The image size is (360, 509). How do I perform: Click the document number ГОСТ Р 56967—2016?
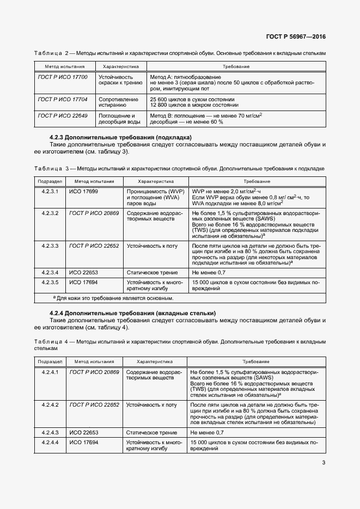(x=296, y=37)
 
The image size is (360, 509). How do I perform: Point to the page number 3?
(x=323, y=463)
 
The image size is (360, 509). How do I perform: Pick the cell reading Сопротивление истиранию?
(x=115, y=103)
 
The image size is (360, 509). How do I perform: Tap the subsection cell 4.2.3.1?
(x=50, y=192)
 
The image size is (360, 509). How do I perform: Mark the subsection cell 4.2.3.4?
(x=50, y=272)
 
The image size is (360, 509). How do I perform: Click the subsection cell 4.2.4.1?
(x=50, y=372)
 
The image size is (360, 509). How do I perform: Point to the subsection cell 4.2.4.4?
(x=50, y=443)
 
